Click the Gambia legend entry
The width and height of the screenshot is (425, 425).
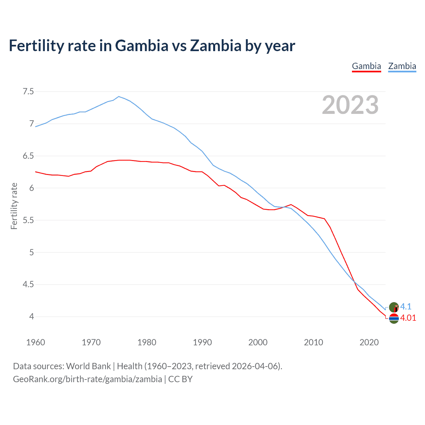[x=366, y=66]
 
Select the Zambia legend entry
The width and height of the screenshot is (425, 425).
[x=402, y=66]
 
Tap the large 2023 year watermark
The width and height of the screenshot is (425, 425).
[x=350, y=105]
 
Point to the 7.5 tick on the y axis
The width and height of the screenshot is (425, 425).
[x=28, y=91]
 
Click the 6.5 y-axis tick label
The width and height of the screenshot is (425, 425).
[x=28, y=156]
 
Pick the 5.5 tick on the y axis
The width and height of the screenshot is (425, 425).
[x=28, y=220]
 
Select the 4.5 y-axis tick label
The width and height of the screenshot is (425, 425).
[x=28, y=285]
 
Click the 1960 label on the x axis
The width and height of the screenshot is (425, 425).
[x=36, y=342]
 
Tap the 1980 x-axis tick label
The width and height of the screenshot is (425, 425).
[x=147, y=342]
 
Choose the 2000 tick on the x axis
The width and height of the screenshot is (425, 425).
[x=258, y=342]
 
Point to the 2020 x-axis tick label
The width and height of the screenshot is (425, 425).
[x=369, y=342]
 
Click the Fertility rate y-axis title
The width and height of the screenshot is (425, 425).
[x=14, y=206]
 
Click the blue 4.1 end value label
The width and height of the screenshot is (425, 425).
[x=406, y=306]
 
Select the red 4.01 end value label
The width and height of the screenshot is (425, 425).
[x=408, y=318]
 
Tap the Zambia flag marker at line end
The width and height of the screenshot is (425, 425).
[x=394, y=307]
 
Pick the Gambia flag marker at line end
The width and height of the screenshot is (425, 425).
[x=394, y=318]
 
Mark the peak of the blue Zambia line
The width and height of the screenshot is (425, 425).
[x=119, y=97]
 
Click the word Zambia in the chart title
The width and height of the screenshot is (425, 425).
[x=215, y=46]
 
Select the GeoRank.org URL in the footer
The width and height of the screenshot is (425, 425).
[x=87, y=379]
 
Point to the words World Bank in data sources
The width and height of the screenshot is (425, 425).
[x=88, y=366]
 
